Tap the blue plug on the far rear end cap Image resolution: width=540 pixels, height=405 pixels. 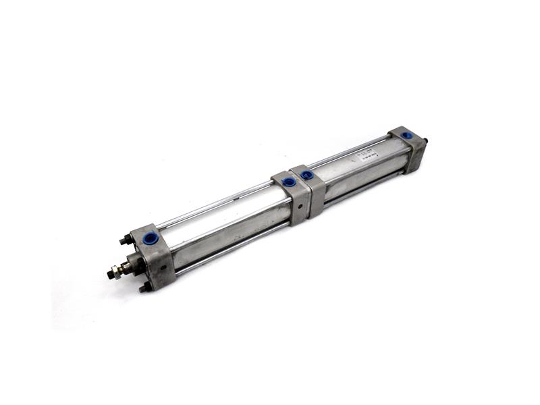tap(407, 135)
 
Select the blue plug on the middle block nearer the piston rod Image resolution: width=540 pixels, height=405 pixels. tap(289, 182)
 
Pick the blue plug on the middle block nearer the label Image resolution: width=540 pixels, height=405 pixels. tap(307, 175)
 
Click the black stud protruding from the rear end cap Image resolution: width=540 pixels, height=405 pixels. tap(427, 142)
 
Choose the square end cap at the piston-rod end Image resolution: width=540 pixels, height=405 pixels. tap(152, 256)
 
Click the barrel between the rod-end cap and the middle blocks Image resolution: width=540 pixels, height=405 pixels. tap(223, 226)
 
